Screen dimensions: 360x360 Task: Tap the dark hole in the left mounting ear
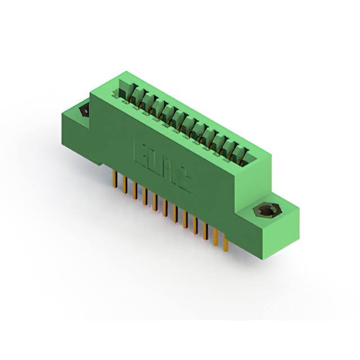(85, 111)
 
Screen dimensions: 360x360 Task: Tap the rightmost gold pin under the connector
(225, 243)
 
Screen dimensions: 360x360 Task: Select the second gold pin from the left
(125, 186)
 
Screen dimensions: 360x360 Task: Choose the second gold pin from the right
(215, 237)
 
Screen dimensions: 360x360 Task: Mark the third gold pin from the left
(135, 191)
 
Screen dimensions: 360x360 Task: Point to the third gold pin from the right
(205, 232)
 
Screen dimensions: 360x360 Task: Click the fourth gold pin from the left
(145, 197)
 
